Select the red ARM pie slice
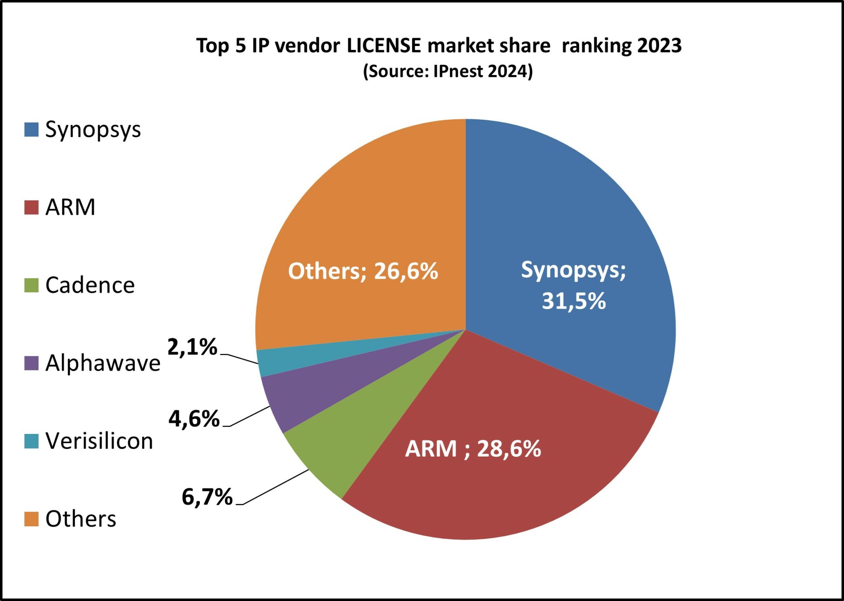[x=495, y=487]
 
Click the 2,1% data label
[x=192, y=347]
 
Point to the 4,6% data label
[x=194, y=419]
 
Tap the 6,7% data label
[x=207, y=497]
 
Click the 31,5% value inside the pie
[x=574, y=301]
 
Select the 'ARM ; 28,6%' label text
[x=473, y=449]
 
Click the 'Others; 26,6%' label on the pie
[x=363, y=271]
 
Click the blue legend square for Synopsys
[x=32, y=129]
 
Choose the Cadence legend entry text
[x=90, y=285]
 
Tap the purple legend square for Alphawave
[x=32, y=363]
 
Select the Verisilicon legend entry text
[x=99, y=441]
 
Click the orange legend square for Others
[x=32, y=519]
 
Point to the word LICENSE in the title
[x=384, y=45]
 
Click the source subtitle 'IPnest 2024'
[x=480, y=71]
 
